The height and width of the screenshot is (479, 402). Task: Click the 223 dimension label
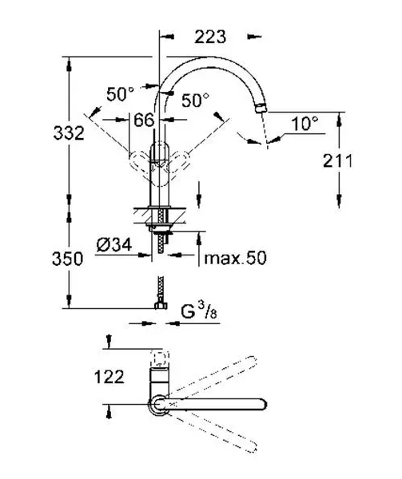point(210,37)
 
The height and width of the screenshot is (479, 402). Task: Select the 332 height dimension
point(69,133)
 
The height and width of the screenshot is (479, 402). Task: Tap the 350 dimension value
point(68,259)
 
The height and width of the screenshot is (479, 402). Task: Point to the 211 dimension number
point(338,160)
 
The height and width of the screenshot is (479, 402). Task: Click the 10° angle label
point(304,124)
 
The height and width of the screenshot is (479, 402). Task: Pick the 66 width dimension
point(144,120)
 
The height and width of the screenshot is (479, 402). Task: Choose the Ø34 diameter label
point(114,245)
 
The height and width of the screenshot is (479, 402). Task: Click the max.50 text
point(235,258)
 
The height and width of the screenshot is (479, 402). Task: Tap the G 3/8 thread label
point(199,311)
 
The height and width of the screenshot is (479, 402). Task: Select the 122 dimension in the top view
point(109,377)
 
